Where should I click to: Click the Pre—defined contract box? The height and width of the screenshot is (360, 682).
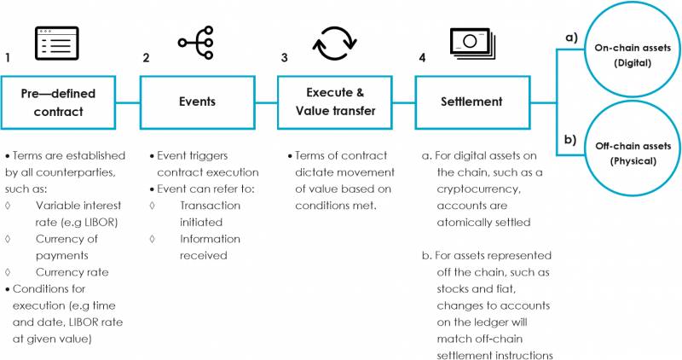58,102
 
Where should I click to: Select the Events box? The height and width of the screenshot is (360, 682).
197,102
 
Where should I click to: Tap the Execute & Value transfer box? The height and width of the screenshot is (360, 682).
335,102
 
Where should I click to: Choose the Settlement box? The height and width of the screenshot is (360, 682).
472,102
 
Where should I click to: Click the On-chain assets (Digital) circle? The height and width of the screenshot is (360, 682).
633,49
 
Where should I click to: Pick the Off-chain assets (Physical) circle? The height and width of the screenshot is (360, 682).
633,148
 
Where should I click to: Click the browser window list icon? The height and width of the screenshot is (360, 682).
57,44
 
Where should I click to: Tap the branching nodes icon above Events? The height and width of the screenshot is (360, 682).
196,43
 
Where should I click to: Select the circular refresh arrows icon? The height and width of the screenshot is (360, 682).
334,44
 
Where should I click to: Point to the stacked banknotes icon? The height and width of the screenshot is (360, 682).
473,44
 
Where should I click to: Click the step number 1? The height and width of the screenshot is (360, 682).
8,57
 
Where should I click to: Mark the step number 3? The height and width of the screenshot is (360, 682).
284,57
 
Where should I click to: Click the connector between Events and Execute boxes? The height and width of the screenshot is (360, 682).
266,103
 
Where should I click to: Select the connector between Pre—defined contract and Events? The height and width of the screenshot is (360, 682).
128,103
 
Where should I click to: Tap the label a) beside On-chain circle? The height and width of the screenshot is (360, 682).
571,38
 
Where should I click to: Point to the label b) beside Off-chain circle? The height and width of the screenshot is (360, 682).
570,139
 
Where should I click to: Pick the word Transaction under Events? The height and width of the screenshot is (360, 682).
210,206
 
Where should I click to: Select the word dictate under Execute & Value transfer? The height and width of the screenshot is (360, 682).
311,172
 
